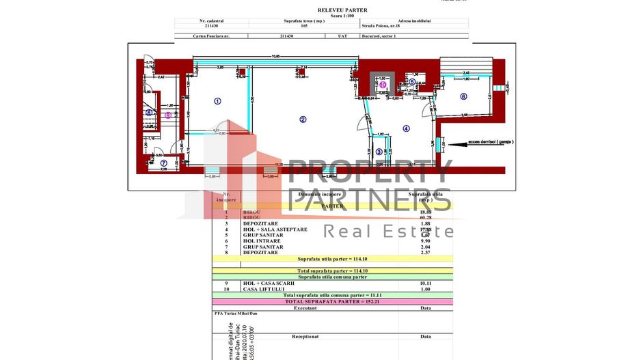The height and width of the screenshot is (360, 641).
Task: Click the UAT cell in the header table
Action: pyautogui.click(x=333, y=36)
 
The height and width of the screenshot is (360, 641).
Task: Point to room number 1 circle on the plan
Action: pyautogui.click(x=217, y=101)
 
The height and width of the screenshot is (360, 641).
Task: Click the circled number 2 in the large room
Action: pyautogui.click(x=303, y=119)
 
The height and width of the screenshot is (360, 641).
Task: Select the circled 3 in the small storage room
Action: pyautogui.click(x=379, y=152)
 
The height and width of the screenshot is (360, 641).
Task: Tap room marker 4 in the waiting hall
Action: pyautogui.click(x=406, y=128)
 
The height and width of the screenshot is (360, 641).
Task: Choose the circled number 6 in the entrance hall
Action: pyautogui.click(x=463, y=96)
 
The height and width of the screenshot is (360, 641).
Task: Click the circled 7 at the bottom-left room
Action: pyautogui.click(x=163, y=163)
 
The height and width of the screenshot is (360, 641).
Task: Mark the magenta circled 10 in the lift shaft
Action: pyautogui.click(x=382, y=85)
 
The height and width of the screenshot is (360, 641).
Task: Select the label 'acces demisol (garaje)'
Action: pyautogui.click(x=491, y=143)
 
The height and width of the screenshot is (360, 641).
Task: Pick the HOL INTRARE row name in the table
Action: pyautogui.click(x=260, y=241)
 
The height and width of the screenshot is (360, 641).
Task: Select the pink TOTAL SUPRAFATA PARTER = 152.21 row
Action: pyautogui.click(x=332, y=301)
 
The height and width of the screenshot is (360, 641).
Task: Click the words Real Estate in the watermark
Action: pyautogui.click(x=388, y=230)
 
